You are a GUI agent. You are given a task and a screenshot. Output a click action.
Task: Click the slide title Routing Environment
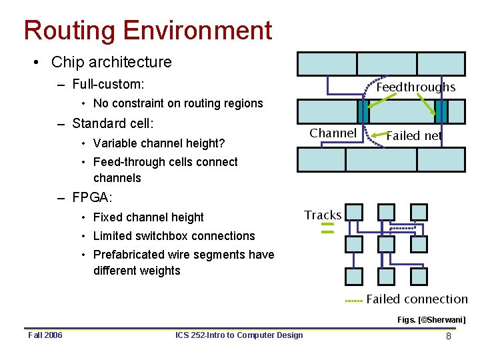147,31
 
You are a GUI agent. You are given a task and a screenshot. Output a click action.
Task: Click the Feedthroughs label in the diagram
416,87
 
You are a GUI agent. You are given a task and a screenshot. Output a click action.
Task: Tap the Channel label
333,133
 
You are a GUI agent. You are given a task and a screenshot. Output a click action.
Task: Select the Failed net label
414,136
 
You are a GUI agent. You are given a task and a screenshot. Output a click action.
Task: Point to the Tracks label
323,215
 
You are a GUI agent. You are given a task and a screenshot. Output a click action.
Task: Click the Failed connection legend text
417,299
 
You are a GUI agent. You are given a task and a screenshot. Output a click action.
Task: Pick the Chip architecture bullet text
111,62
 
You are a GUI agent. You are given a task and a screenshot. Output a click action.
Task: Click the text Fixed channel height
148,217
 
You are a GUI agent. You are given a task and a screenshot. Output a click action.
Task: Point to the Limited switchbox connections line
173,236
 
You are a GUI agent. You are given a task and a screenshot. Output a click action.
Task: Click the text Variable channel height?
159,143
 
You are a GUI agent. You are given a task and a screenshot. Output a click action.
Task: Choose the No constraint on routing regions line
177,103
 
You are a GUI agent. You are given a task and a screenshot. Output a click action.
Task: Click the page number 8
449,336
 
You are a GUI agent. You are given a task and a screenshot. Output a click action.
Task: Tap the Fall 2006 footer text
45,335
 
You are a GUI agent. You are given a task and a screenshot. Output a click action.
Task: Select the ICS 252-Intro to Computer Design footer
239,335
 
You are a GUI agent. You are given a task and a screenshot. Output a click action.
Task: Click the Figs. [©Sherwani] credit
431,320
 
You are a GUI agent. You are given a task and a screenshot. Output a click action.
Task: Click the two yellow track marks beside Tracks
327,229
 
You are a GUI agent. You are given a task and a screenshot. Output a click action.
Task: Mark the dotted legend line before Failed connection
354,301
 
